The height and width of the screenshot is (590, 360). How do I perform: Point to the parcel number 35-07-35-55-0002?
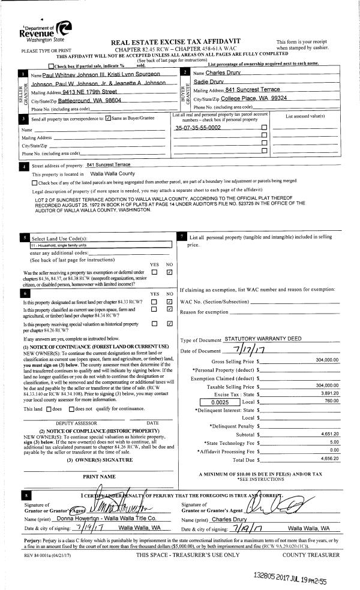tap(197, 128)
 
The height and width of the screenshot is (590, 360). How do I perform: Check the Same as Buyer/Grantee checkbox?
tap(107, 118)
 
